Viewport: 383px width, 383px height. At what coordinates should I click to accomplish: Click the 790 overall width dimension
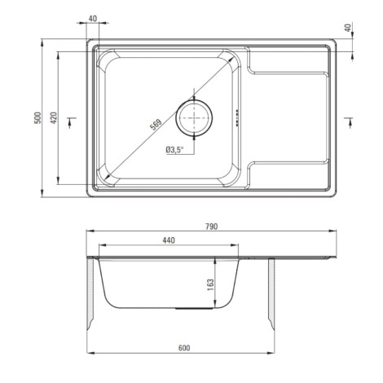coord(212,227)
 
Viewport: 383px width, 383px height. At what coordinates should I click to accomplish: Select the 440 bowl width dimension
coord(169,240)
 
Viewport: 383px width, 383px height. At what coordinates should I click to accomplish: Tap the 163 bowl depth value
coord(210,285)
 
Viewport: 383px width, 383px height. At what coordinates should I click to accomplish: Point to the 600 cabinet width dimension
coord(184,348)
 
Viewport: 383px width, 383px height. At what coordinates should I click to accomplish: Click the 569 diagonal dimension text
coord(156,125)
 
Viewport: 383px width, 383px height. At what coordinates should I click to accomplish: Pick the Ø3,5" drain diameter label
coord(174,150)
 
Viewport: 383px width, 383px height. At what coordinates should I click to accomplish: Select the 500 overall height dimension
coord(38,118)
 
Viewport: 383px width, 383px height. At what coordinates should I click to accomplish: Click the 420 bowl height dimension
coord(54,118)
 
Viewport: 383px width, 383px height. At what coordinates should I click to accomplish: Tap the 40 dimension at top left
coord(93,19)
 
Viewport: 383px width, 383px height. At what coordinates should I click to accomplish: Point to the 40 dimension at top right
coord(348,28)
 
